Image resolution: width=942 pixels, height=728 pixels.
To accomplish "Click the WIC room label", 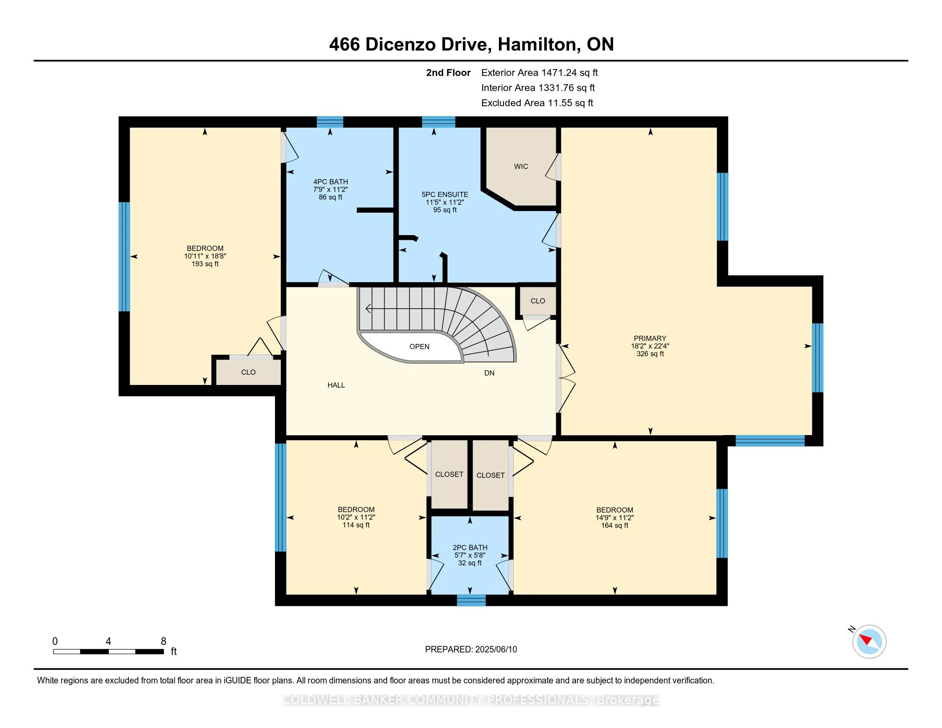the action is coord(521,167).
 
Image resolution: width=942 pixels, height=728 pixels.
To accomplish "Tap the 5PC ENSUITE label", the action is coord(445,194).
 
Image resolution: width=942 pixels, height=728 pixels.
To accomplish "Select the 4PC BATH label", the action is coord(331,182).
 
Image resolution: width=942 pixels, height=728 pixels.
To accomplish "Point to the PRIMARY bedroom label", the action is coord(650,338).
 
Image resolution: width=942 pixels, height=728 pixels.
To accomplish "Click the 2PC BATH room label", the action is coord(470,548).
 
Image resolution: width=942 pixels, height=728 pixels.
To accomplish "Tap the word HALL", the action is coord(336,385).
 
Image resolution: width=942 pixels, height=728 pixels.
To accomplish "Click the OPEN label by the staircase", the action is coord(419,347).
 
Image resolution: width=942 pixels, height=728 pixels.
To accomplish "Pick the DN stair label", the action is coord(489,373).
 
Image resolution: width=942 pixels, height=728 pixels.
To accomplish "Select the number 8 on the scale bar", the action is coord(164,641).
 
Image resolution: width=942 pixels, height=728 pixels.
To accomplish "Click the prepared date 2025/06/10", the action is coord(495,650).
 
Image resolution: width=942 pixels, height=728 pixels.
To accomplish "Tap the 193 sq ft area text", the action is coord(205,264).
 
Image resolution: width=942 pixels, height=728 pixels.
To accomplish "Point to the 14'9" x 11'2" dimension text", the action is coord(614,518).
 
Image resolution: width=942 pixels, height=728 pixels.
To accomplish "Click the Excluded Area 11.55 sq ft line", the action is coord(537,103).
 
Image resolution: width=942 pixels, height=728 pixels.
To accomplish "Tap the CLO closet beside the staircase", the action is coord(537,301).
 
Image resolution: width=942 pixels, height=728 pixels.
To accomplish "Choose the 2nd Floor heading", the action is coord(448,73).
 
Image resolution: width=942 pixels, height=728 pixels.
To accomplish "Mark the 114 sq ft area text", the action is coord(356,525).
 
